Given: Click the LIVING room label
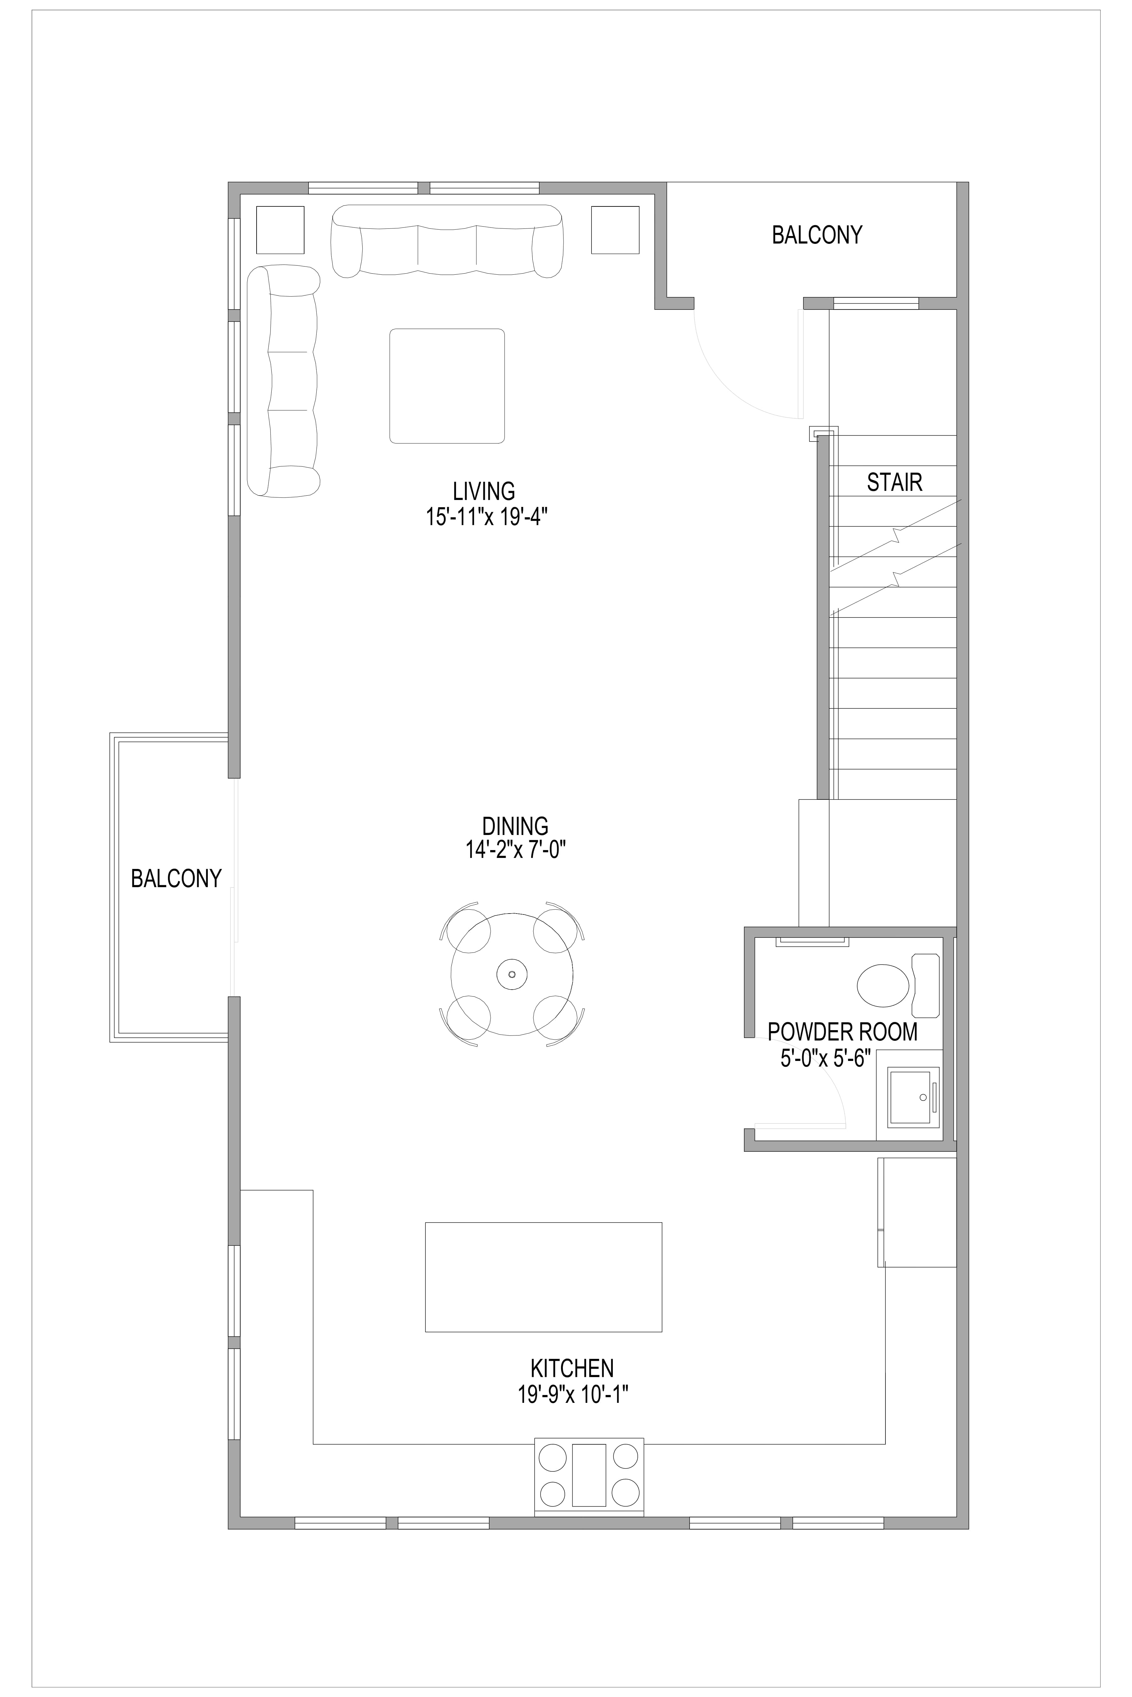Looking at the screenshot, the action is click(484, 492).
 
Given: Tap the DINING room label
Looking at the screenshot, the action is click(515, 826).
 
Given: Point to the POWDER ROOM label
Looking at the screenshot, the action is click(842, 1032).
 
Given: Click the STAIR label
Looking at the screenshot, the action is click(895, 482).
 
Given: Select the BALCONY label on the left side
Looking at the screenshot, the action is click(176, 878).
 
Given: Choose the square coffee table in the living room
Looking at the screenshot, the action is click(447, 386).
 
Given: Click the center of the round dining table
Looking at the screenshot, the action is click(512, 974).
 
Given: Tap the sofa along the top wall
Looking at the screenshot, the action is click(447, 241).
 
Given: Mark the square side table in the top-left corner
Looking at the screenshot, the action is click(280, 229).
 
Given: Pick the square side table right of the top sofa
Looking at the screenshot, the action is click(615, 229).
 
